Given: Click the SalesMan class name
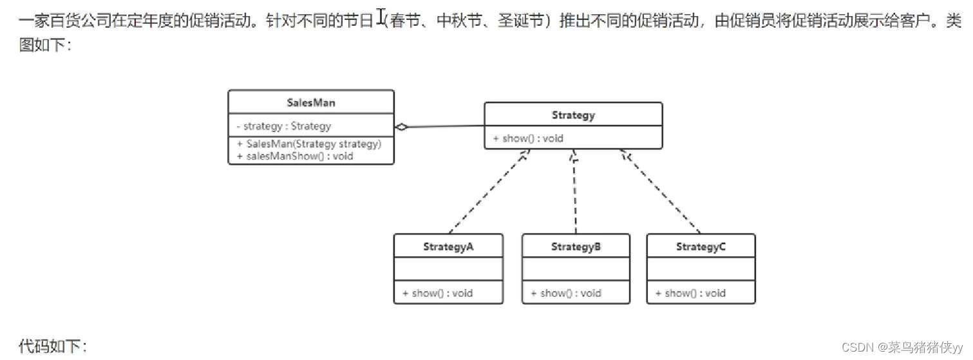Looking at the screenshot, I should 310,102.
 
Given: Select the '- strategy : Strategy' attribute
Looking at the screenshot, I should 283,126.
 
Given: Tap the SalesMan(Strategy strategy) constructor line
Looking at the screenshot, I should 309,144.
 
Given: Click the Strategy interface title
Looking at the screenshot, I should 573,115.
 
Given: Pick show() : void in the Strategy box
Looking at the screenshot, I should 528,138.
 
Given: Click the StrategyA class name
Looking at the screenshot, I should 448,247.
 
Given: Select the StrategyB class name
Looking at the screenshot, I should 576,247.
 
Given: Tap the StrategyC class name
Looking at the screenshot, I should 701,247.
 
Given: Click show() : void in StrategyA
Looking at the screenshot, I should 437,293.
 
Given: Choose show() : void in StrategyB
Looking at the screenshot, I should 565,293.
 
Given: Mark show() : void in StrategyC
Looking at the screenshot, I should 690,293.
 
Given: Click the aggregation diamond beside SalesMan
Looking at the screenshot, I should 402,127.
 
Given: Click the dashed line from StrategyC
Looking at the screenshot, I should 660,192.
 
